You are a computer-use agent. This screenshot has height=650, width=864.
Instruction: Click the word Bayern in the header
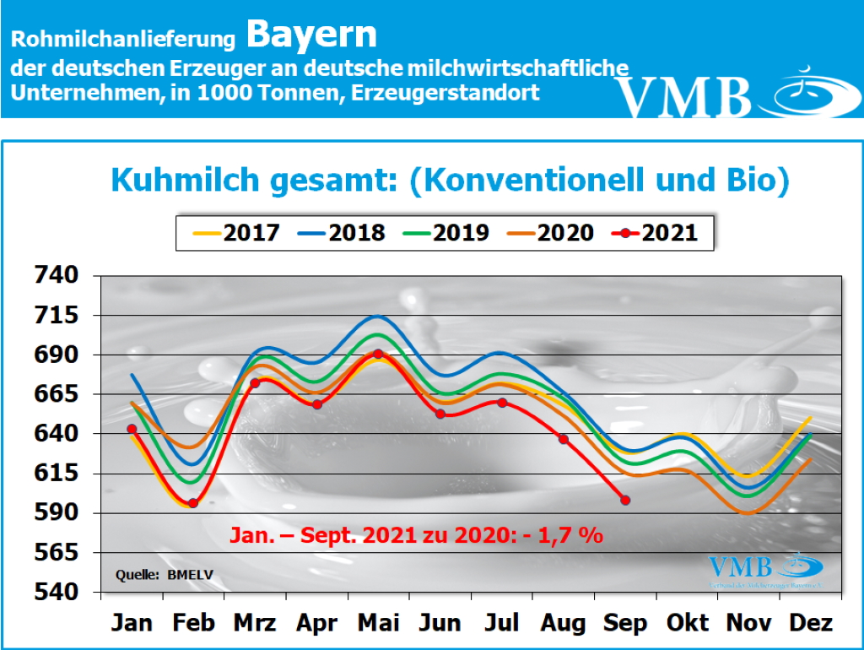312,35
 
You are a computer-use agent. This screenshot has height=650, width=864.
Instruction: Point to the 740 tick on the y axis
56,275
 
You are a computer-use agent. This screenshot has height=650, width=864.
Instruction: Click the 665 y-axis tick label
56,394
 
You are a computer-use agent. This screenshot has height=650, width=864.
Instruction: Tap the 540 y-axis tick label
56,592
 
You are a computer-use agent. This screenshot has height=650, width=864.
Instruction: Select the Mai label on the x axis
379,623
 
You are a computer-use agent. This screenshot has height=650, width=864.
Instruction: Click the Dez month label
811,623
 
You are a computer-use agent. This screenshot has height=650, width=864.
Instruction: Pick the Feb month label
193,623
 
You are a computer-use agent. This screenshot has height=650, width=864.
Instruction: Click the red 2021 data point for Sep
625,500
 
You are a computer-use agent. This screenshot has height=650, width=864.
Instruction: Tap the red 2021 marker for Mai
379,355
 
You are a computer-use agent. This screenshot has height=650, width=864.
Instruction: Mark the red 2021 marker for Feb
193,503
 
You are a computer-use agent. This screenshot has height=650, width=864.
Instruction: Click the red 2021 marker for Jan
132,429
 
